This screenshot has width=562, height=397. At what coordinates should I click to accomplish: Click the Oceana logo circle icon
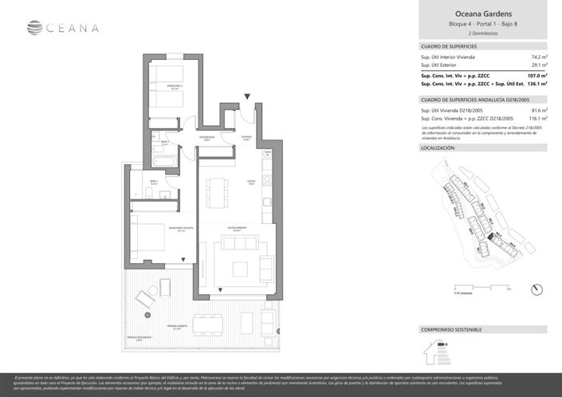pyautogui.click(x=34, y=29)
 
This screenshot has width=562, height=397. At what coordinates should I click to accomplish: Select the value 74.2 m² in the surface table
pyautogui.click(x=537, y=57)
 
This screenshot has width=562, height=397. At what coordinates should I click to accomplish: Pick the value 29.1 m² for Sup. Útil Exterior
pyautogui.click(x=537, y=65)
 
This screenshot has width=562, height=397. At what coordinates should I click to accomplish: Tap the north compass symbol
pyautogui.click(x=537, y=289)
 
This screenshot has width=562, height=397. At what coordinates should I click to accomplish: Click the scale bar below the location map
pyautogui.click(x=478, y=289)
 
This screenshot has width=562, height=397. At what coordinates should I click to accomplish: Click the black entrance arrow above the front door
pyautogui.click(x=249, y=97)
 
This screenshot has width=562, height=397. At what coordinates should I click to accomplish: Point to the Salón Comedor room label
pyautogui.click(x=234, y=227)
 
